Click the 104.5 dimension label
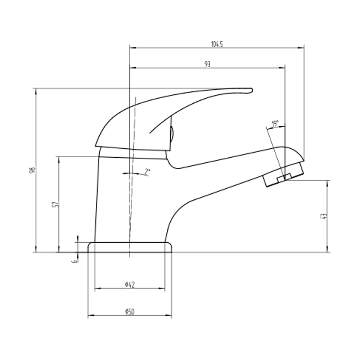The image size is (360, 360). tap(217, 44)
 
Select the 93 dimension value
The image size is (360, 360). tap(207, 64)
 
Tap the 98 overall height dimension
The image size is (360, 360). tap(32, 170)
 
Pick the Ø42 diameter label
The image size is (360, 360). tap(130, 285)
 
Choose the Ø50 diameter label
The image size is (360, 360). tap(130, 312)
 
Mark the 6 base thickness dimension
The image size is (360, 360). tap(75, 261)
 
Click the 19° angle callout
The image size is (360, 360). tap(275, 124)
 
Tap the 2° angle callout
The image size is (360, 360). tap(147, 172)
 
